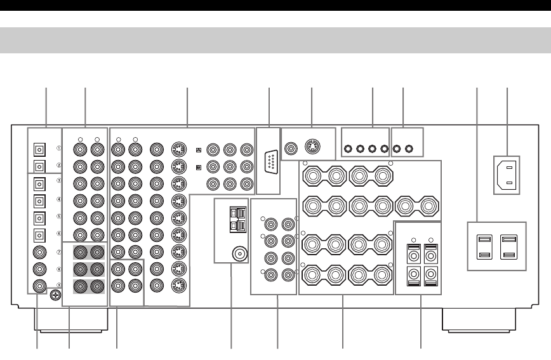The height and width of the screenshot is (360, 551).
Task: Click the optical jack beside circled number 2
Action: [39, 166]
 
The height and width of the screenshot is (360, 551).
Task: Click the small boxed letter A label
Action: [199, 150]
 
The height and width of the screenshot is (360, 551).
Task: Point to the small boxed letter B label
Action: [199, 168]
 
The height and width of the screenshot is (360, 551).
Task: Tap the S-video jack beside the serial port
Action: [312, 147]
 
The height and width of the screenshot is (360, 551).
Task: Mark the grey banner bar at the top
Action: [275, 40]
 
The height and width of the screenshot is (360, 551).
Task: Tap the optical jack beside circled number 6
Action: [39, 234]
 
